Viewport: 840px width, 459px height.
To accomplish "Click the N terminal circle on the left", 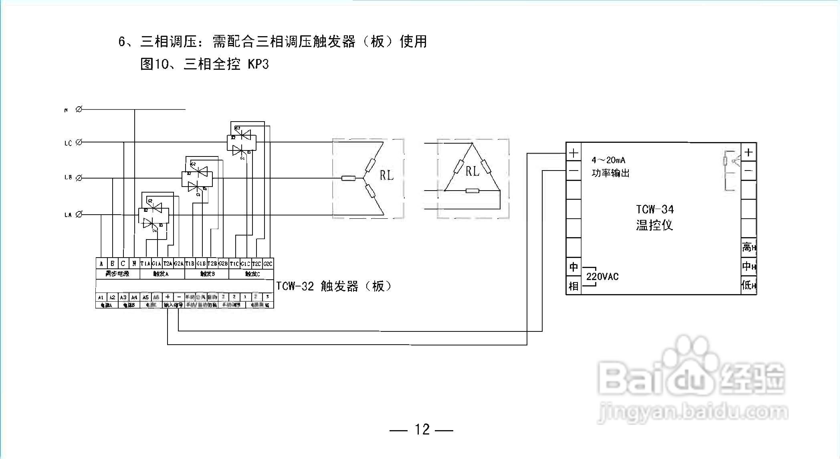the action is coord(79,109).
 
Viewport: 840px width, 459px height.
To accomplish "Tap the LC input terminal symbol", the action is coord(79,142).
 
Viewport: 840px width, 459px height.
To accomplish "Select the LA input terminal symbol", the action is coord(79,215).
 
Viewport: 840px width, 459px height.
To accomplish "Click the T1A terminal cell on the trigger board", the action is coord(145,264).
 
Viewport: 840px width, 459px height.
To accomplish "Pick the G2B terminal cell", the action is coord(223,264).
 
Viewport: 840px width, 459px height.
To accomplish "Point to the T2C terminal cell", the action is coord(256,264).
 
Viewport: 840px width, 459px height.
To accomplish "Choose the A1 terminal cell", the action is coord(101,297).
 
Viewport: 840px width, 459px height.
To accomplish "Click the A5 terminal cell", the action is coord(145,297).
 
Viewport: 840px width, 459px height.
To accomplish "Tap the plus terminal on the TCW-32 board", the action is coord(168,297).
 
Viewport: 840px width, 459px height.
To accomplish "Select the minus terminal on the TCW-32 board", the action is coord(179,297).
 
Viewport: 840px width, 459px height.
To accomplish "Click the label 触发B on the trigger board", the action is coord(207,274).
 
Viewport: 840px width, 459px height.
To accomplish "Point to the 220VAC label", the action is coord(602,276).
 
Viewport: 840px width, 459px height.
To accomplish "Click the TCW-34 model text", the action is coord(655,209).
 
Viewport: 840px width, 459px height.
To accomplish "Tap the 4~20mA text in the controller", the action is coord(608,160).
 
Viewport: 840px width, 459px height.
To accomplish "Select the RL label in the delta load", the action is coord(472,171).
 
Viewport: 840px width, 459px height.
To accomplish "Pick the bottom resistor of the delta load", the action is coord(472,191).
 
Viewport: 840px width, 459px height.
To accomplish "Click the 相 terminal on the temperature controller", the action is coord(573,286).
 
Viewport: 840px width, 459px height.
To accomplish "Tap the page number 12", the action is coord(422,430).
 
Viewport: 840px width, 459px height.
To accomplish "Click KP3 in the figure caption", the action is coord(258,64).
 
